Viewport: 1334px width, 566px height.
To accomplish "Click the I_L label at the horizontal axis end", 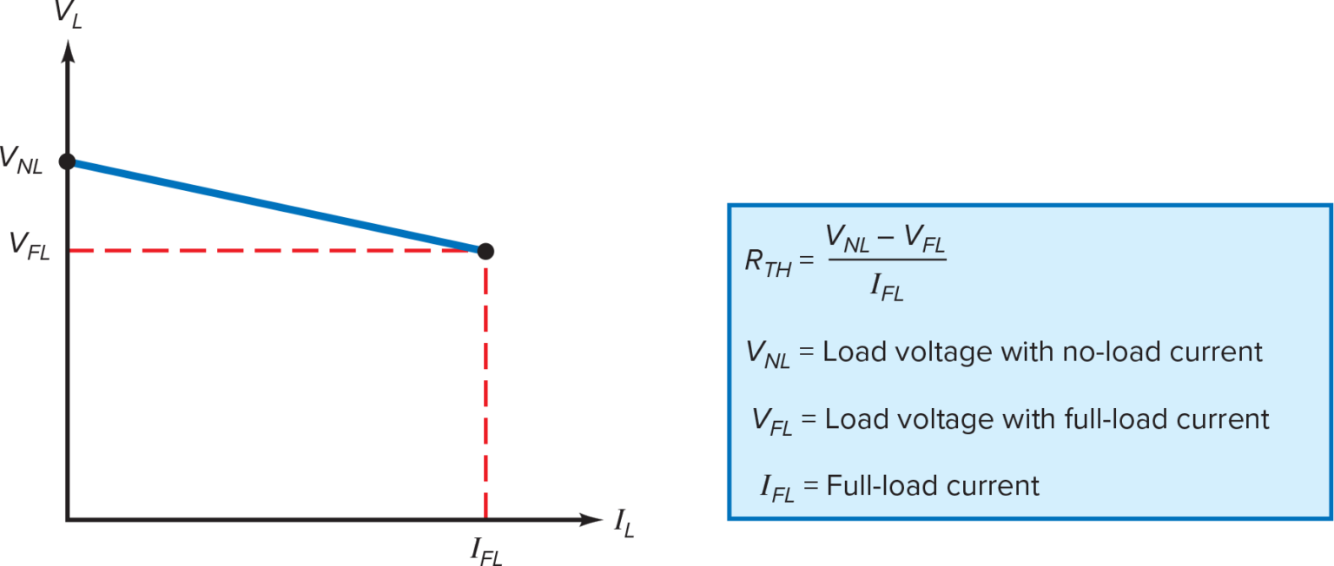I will coord(624,523).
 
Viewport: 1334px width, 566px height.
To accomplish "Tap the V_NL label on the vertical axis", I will coord(21,161).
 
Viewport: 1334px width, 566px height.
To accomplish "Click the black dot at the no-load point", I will coord(67,161).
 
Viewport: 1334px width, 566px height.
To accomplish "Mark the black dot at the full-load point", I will coord(486,251).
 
